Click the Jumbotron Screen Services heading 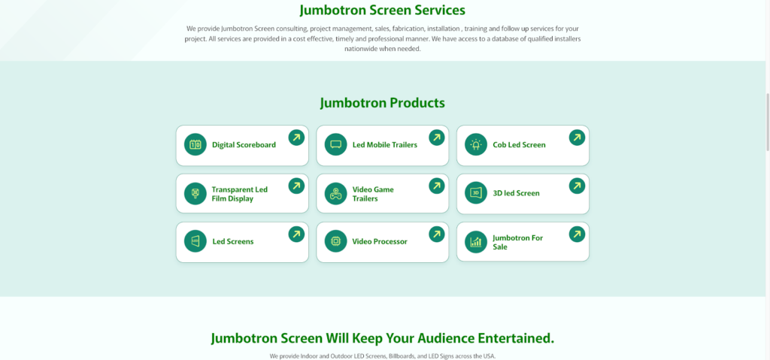(x=382, y=11)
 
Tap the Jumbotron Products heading (x=382, y=103)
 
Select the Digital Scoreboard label (x=244, y=144)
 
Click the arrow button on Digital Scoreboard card (x=296, y=138)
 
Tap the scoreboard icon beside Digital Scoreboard (x=196, y=144)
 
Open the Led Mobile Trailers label (x=384, y=144)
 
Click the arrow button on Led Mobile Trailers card (x=437, y=138)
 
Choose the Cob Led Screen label (x=519, y=144)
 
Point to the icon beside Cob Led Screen (x=476, y=144)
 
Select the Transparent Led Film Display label (x=239, y=194)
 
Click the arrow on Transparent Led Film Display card (x=296, y=186)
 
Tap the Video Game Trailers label (x=373, y=194)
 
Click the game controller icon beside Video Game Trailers (x=336, y=193)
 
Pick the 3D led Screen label (x=516, y=193)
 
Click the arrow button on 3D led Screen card (x=577, y=186)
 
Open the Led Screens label (x=232, y=241)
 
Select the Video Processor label (x=380, y=241)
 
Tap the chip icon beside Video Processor (x=336, y=241)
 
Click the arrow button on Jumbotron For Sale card (x=577, y=234)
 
